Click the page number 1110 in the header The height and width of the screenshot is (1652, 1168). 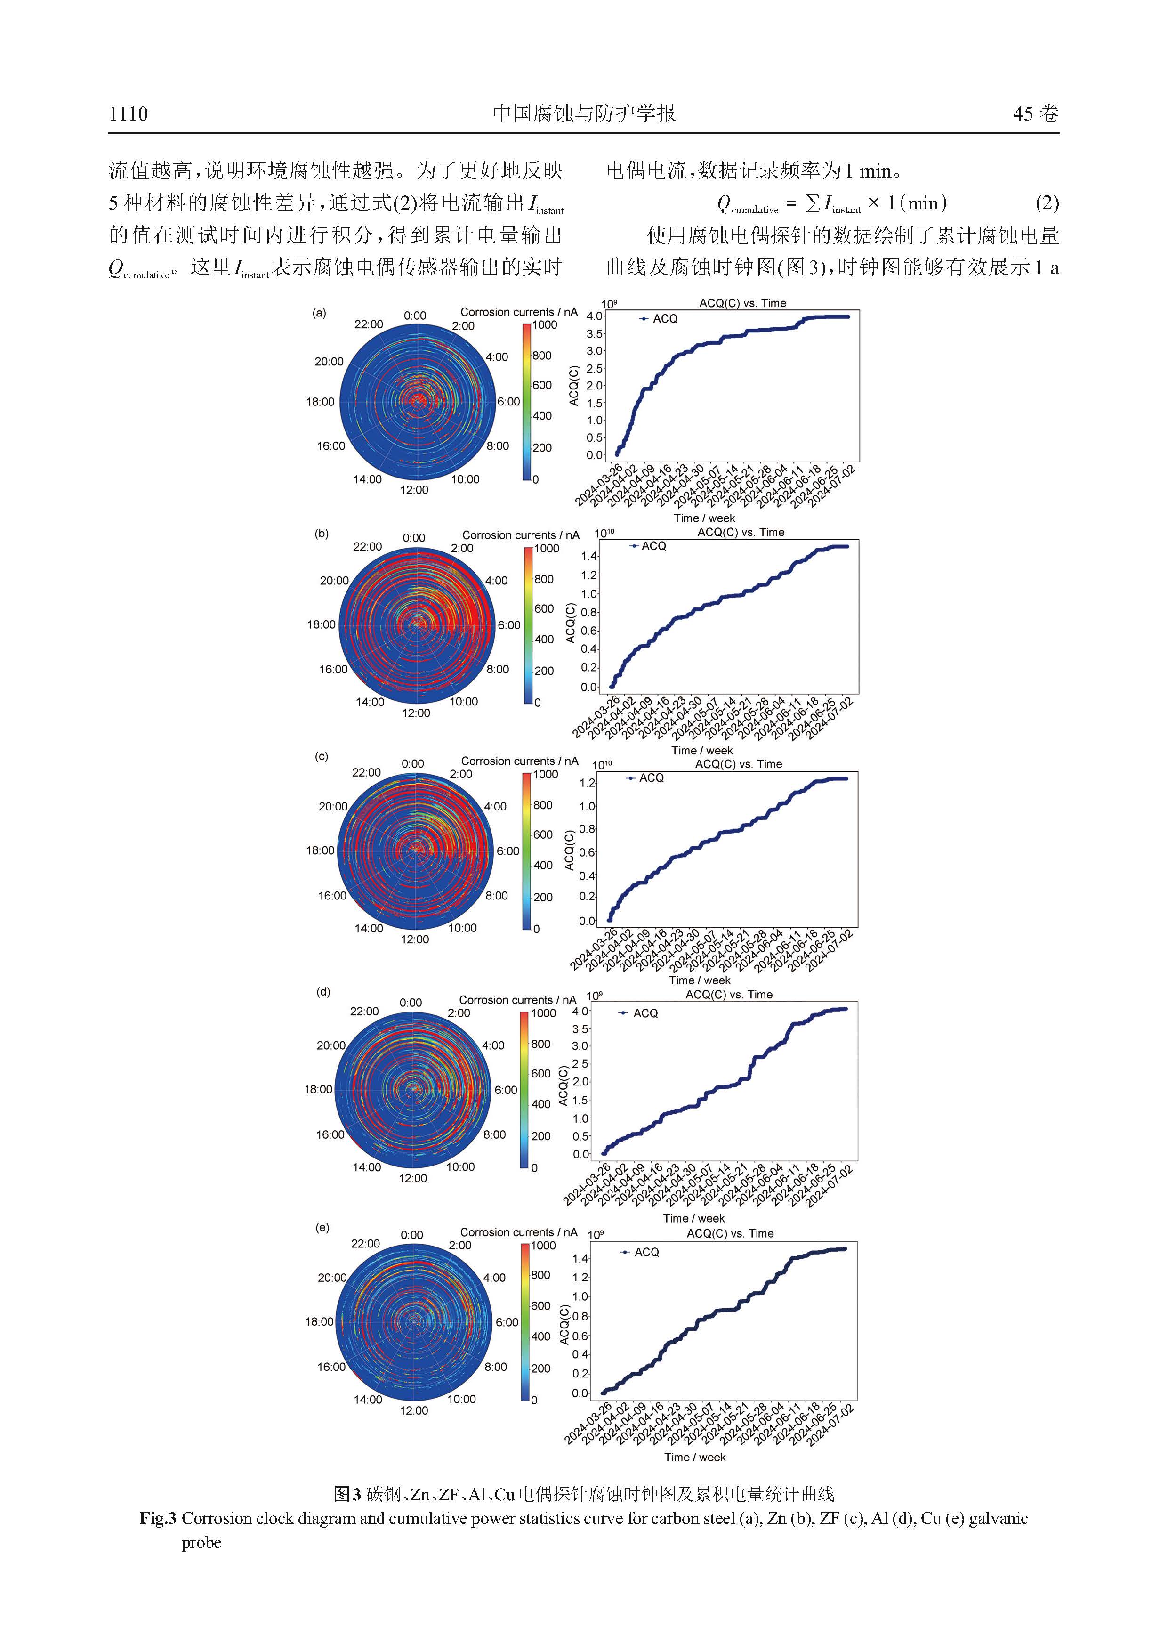tap(129, 113)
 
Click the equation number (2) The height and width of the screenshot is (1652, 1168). tap(1047, 203)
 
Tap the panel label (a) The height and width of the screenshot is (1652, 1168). tap(319, 313)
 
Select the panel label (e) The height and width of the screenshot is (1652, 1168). tap(322, 1228)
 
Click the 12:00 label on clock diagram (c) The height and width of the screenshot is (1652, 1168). tap(415, 939)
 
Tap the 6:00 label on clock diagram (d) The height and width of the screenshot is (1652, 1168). tap(506, 1090)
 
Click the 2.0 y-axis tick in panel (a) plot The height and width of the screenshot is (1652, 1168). tap(595, 386)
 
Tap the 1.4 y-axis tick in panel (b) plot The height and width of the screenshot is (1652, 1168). tap(589, 556)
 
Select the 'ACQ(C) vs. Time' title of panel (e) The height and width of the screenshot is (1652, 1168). tap(730, 1233)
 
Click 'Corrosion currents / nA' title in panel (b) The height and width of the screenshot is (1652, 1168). tap(521, 535)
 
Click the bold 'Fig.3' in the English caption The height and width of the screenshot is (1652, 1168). tap(158, 1518)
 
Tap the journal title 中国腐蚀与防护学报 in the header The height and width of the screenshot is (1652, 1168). tap(584, 113)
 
